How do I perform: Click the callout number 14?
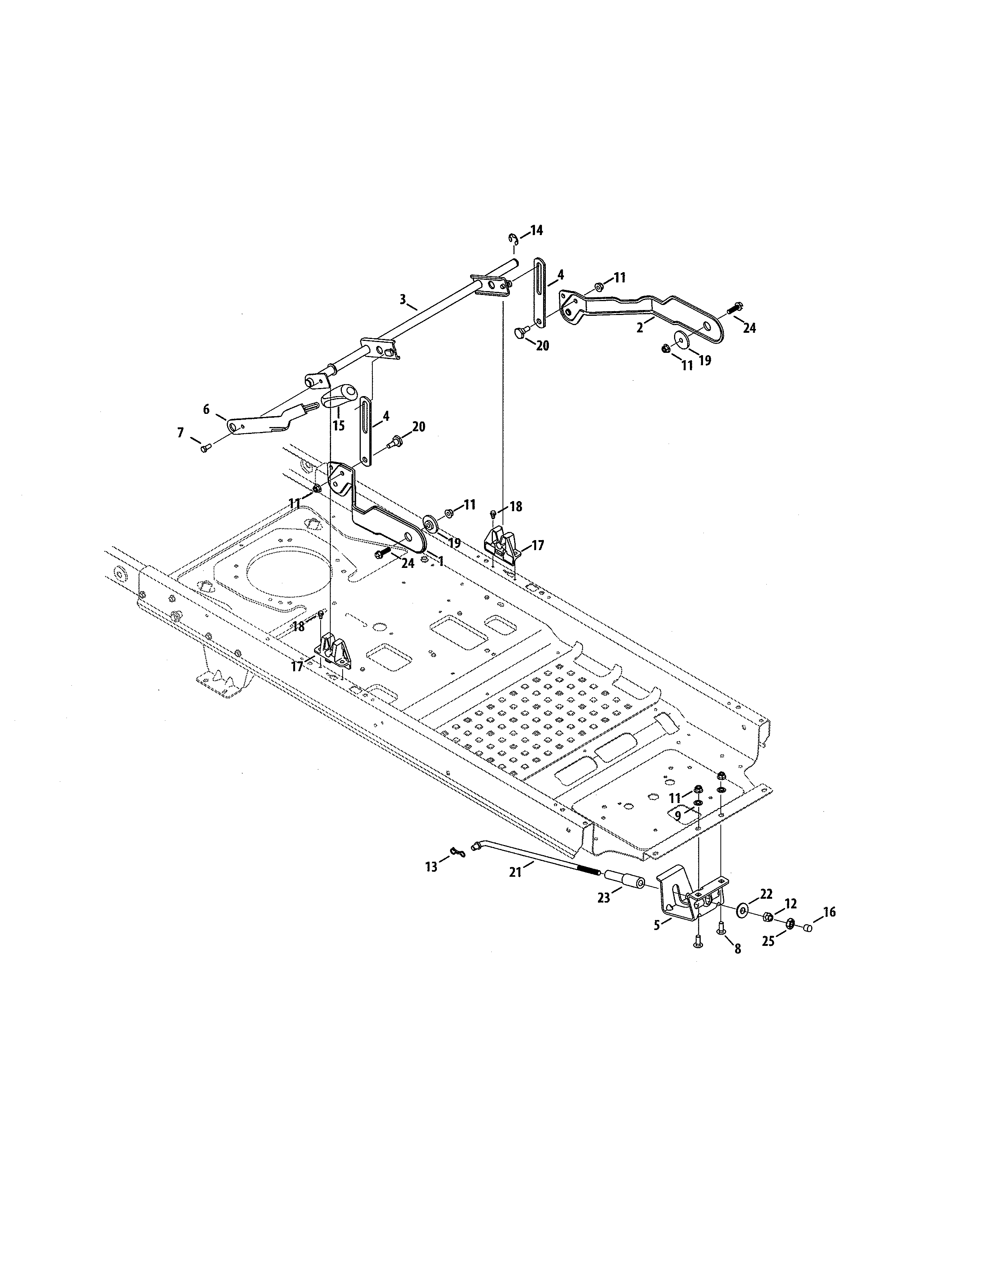(536, 230)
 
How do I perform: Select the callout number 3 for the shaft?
(402, 299)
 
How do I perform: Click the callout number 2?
(640, 328)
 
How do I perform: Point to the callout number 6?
(206, 410)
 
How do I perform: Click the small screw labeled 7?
(205, 448)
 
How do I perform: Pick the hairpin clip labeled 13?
(459, 854)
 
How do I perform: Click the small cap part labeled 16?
(808, 927)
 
